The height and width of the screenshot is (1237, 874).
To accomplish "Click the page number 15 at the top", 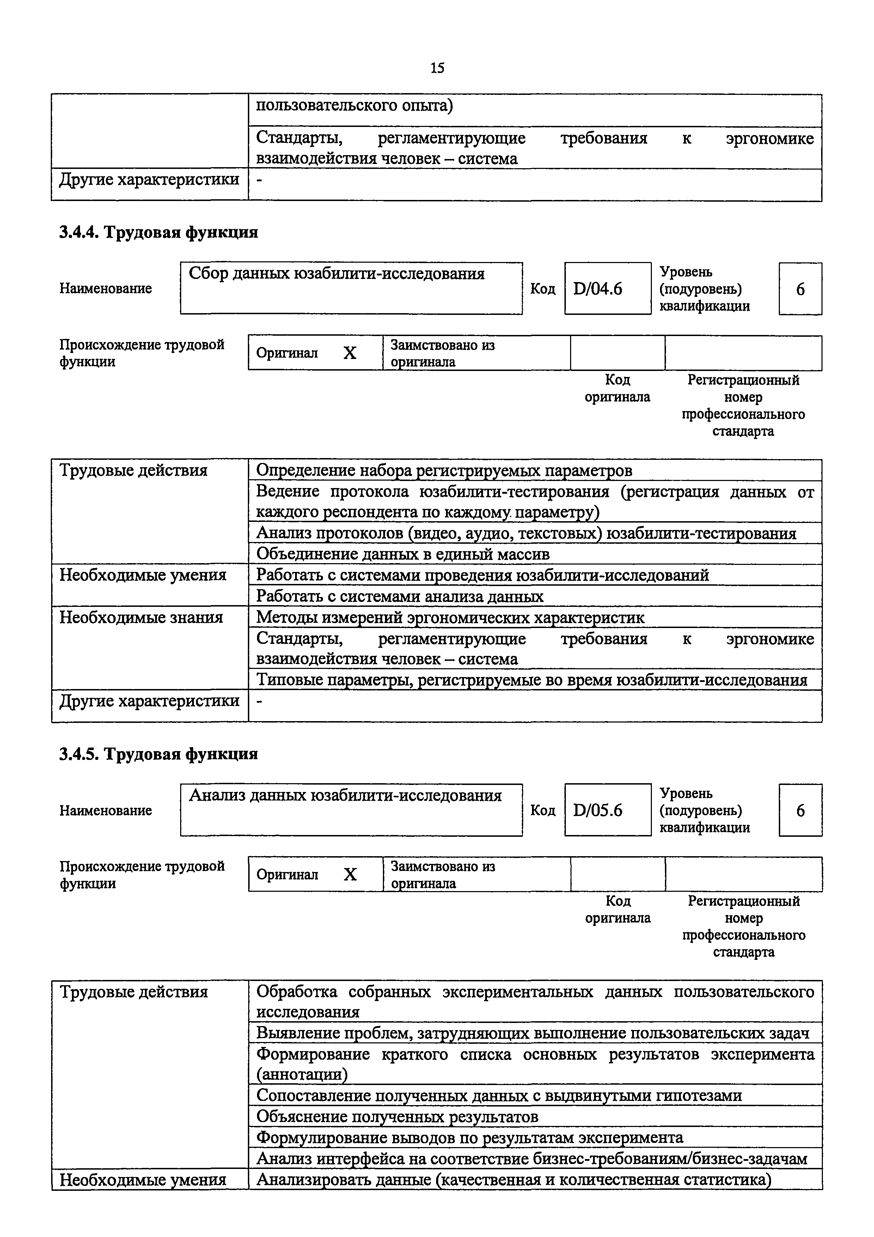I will pos(437,68).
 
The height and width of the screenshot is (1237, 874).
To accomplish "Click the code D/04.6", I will pos(597,289).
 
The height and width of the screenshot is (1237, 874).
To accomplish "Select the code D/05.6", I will pos(597,810).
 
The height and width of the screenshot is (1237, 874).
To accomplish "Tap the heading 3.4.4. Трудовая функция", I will pos(158,232).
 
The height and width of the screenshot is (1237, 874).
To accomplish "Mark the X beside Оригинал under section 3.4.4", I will pos(350,353).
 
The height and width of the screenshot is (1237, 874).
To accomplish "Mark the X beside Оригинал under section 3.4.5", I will pos(350,875).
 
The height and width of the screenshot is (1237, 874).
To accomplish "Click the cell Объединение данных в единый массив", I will pos(403,554).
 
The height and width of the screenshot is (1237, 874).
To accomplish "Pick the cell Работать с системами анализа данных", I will pos(399,596).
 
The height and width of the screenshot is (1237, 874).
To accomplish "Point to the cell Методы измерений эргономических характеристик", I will pos(450,617).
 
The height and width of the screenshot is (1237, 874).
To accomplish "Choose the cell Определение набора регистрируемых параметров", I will pos(444,470).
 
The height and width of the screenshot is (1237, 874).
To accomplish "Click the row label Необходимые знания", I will pos(141,617).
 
